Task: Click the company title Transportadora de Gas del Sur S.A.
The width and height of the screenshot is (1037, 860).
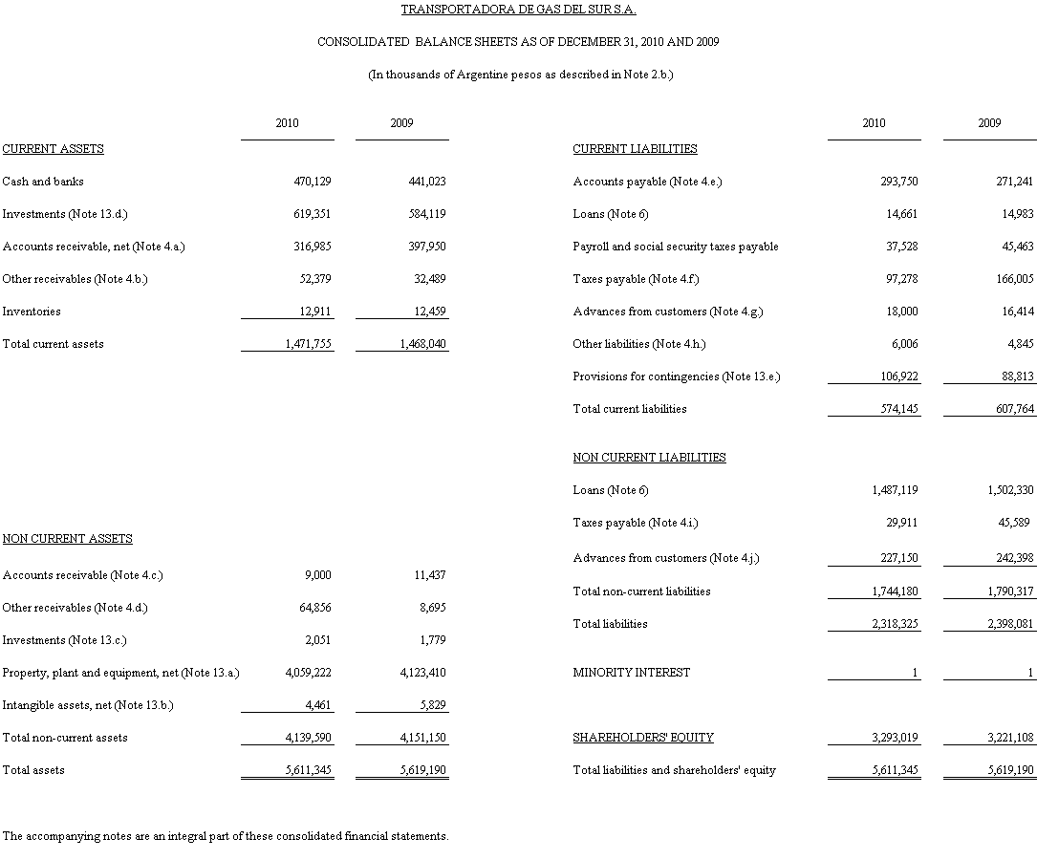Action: pos(518,10)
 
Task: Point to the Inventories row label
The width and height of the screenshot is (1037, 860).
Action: pos(32,312)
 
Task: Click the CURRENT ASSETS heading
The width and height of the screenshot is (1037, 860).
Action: pos(54,149)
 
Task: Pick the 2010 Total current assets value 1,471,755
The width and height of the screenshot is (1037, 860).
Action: pos(309,344)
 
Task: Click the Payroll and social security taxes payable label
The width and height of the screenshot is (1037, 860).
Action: pos(676,247)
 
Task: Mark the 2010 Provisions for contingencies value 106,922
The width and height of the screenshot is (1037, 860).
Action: pos(898,376)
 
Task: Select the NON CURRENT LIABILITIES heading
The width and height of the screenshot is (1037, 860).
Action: pos(649,458)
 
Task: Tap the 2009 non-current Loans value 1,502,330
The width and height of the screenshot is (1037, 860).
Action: pos(1010,490)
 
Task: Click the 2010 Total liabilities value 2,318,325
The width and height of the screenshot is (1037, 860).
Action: pos(895,624)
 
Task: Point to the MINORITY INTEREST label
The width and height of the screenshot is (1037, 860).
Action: pos(631,673)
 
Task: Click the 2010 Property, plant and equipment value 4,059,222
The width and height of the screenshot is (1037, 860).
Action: pos(309,673)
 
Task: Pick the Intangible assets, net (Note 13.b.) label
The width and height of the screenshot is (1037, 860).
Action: pos(88,705)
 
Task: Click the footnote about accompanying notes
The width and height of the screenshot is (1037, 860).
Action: pos(226,836)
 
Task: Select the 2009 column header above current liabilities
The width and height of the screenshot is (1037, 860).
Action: pos(989,123)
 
